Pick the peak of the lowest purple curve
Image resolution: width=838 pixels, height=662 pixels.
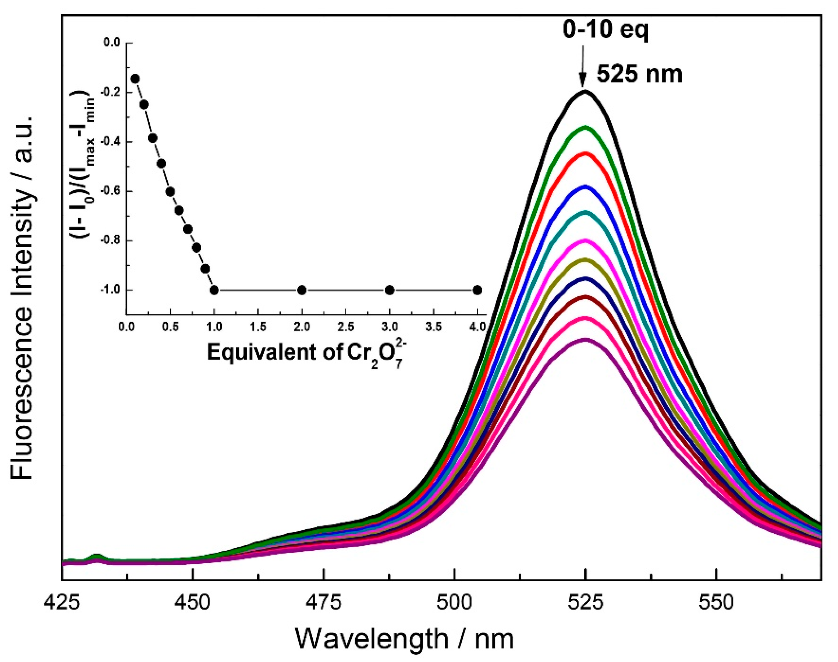pyautogui.click(x=585, y=340)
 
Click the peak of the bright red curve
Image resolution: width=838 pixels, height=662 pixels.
pyautogui.click(x=585, y=154)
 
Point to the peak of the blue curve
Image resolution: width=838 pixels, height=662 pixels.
pyautogui.click(x=585, y=187)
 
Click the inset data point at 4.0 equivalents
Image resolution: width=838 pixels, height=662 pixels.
pyautogui.click(x=477, y=290)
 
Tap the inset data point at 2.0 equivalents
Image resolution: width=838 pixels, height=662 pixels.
pyautogui.click(x=302, y=290)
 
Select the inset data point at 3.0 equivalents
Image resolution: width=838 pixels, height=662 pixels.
pyautogui.click(x=390, y=290)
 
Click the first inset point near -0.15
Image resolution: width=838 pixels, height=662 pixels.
pyautogui.click(x=135, y=79)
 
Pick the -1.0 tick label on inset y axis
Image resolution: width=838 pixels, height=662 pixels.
pyautogui.click(x=110, y=290)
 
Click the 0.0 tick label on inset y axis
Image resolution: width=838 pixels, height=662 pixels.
pyautogui.click(x=111, y=43)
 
